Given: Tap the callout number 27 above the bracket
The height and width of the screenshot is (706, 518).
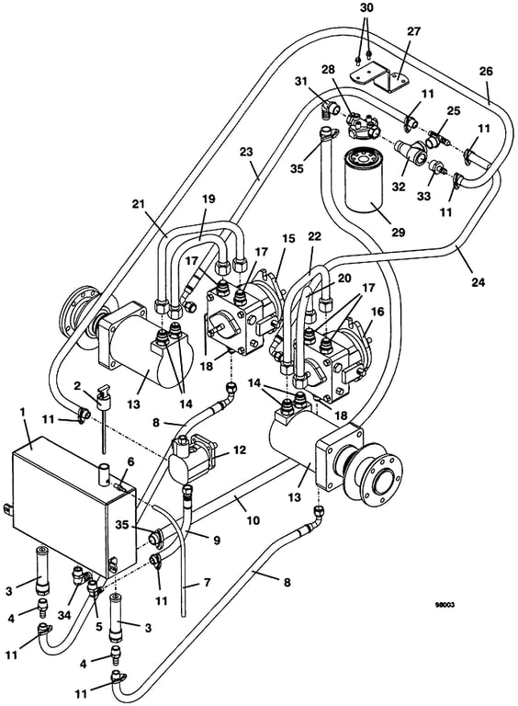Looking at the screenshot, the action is (413, 31).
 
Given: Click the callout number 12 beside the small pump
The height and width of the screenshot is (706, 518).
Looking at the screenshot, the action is (240, 450).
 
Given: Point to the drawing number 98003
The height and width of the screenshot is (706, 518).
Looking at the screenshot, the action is (445, 605).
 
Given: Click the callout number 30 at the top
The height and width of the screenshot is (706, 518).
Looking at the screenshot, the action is (367, 7).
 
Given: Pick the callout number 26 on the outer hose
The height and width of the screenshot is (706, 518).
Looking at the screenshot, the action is (486, 71).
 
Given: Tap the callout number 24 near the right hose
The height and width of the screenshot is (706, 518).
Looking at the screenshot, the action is (479, 282).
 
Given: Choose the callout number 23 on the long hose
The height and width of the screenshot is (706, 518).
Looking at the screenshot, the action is (246, 152).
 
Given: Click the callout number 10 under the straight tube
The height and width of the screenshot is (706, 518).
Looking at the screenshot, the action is (253, 520).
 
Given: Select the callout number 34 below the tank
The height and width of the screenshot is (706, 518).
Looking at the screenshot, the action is (64, 615).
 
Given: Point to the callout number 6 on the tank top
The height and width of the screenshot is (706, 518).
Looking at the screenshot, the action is (130, 461).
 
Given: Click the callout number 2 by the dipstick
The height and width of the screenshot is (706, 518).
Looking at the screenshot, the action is (77, 385).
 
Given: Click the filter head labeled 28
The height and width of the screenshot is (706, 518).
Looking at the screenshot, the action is (364, 124).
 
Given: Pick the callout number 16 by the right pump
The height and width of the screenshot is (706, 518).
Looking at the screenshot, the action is (377, 312).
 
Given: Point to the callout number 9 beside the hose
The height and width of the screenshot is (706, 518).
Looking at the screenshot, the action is (217, 540).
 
